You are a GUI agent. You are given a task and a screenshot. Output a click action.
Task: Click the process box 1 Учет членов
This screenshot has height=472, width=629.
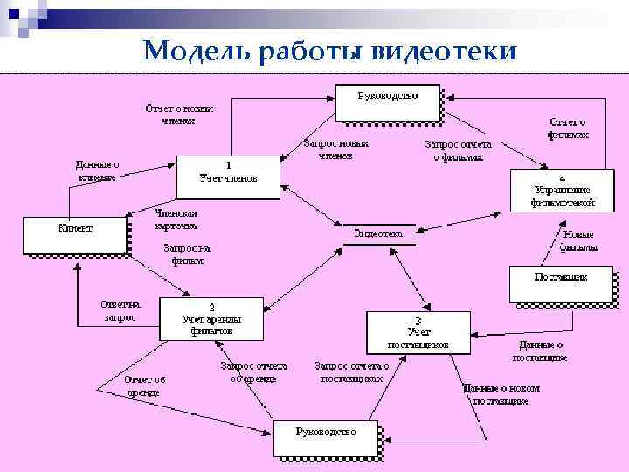click(x=228, y=172)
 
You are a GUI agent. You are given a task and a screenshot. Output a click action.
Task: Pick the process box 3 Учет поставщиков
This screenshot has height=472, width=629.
click(x=418, y=332)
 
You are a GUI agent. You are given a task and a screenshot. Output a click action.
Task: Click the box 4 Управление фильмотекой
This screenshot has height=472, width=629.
click(x=562, y=190)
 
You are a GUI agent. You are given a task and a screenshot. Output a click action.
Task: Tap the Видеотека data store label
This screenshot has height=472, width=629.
click(x=378, y=234)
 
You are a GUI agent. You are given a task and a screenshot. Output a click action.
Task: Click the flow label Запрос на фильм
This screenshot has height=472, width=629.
click(x=187, y=253)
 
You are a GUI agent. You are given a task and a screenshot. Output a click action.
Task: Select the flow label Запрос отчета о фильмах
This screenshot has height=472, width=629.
click(x=458, y=150)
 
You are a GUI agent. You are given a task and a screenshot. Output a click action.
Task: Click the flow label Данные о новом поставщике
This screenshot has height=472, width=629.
click(x=501, y=393)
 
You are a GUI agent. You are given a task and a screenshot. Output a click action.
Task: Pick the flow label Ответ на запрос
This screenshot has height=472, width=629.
click(x=120, y=310)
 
